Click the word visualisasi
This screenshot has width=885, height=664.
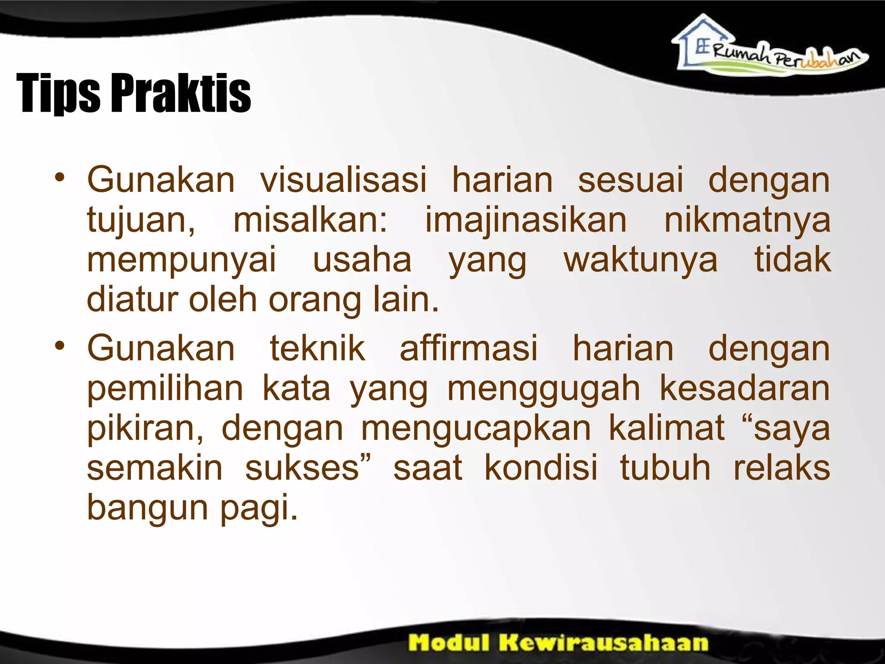coord(343,179)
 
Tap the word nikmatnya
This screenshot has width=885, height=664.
coord(747,220)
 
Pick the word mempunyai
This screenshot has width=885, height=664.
coord(181,260)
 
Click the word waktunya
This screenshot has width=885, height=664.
coord(640,260)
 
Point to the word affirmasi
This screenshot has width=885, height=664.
coord(468,348)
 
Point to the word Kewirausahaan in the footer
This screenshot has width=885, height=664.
coord(604,642)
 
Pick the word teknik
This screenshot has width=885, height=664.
coord(318,348)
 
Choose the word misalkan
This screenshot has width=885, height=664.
coord(310,220)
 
